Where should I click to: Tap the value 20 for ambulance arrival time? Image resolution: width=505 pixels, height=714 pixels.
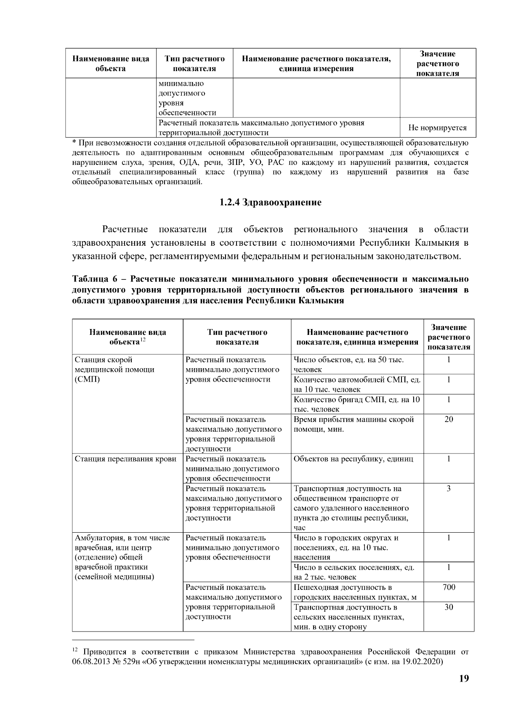[x=449, y=419]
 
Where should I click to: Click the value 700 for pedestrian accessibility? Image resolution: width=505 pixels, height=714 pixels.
[x=449, y=587]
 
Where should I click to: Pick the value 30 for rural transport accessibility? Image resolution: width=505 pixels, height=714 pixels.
[x=449, y=607]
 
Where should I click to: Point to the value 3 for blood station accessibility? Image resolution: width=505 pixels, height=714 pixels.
[x=449, y=489]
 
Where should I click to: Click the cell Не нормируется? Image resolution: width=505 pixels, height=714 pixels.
[x=437, y=128]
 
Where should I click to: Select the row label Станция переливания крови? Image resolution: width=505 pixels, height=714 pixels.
[x=125, y=459]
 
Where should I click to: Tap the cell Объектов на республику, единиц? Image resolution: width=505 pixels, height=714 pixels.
[x=353, y=459]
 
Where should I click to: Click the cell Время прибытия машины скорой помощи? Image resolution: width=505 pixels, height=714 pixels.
[x=353, y=425]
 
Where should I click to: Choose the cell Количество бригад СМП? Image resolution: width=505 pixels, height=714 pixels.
[x=356, y=404]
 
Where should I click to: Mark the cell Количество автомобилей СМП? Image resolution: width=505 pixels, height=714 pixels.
[x=357, y=384]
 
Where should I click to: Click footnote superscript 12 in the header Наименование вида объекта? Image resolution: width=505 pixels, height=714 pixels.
[x=143, y=340]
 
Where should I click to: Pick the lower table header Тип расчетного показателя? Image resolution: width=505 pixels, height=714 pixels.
[x=237, y=337]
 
